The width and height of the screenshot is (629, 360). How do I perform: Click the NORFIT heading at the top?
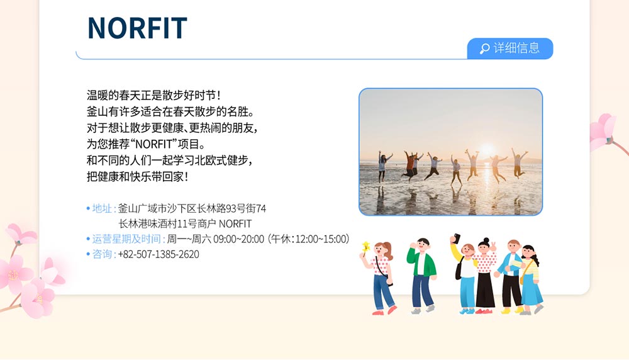tap(137, 28)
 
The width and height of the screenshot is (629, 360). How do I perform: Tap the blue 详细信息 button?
tap(510, 48)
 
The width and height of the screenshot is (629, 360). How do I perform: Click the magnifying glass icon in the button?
tap(484, 48)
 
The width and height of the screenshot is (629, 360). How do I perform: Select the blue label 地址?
tap(101, 208)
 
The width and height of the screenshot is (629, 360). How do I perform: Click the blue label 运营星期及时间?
tap(126, 239)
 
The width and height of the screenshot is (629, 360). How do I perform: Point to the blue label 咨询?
tap(102, 254)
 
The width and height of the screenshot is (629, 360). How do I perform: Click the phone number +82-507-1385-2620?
tap(159, 254)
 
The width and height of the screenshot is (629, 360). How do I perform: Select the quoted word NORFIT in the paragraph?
tap(153, 143)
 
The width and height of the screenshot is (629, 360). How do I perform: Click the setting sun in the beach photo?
tap(486, 150)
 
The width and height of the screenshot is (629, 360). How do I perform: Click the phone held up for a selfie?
tap(457, 238)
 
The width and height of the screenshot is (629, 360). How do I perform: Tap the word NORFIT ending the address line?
tap(235, 223)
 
